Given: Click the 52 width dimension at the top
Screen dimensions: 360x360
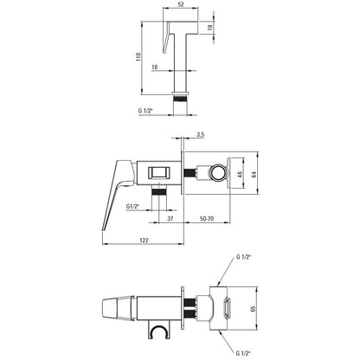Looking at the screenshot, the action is pos(181,4).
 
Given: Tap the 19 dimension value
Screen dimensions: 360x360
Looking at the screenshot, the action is pos(210,28).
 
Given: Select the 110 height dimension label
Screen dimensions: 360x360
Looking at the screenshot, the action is pos(138,57).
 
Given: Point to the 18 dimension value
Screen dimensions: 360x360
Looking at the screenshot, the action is pos(155,67).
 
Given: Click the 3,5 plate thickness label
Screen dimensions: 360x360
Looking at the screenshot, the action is pos(201,134).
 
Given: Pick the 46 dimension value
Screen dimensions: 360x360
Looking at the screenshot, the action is pos(241,174).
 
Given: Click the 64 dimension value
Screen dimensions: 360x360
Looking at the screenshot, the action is pos(254,174).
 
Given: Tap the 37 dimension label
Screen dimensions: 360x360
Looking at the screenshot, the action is pos(170,219).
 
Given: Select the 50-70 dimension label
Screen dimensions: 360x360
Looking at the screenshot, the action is pos(207,219).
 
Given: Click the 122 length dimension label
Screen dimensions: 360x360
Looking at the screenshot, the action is pos(144,241).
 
